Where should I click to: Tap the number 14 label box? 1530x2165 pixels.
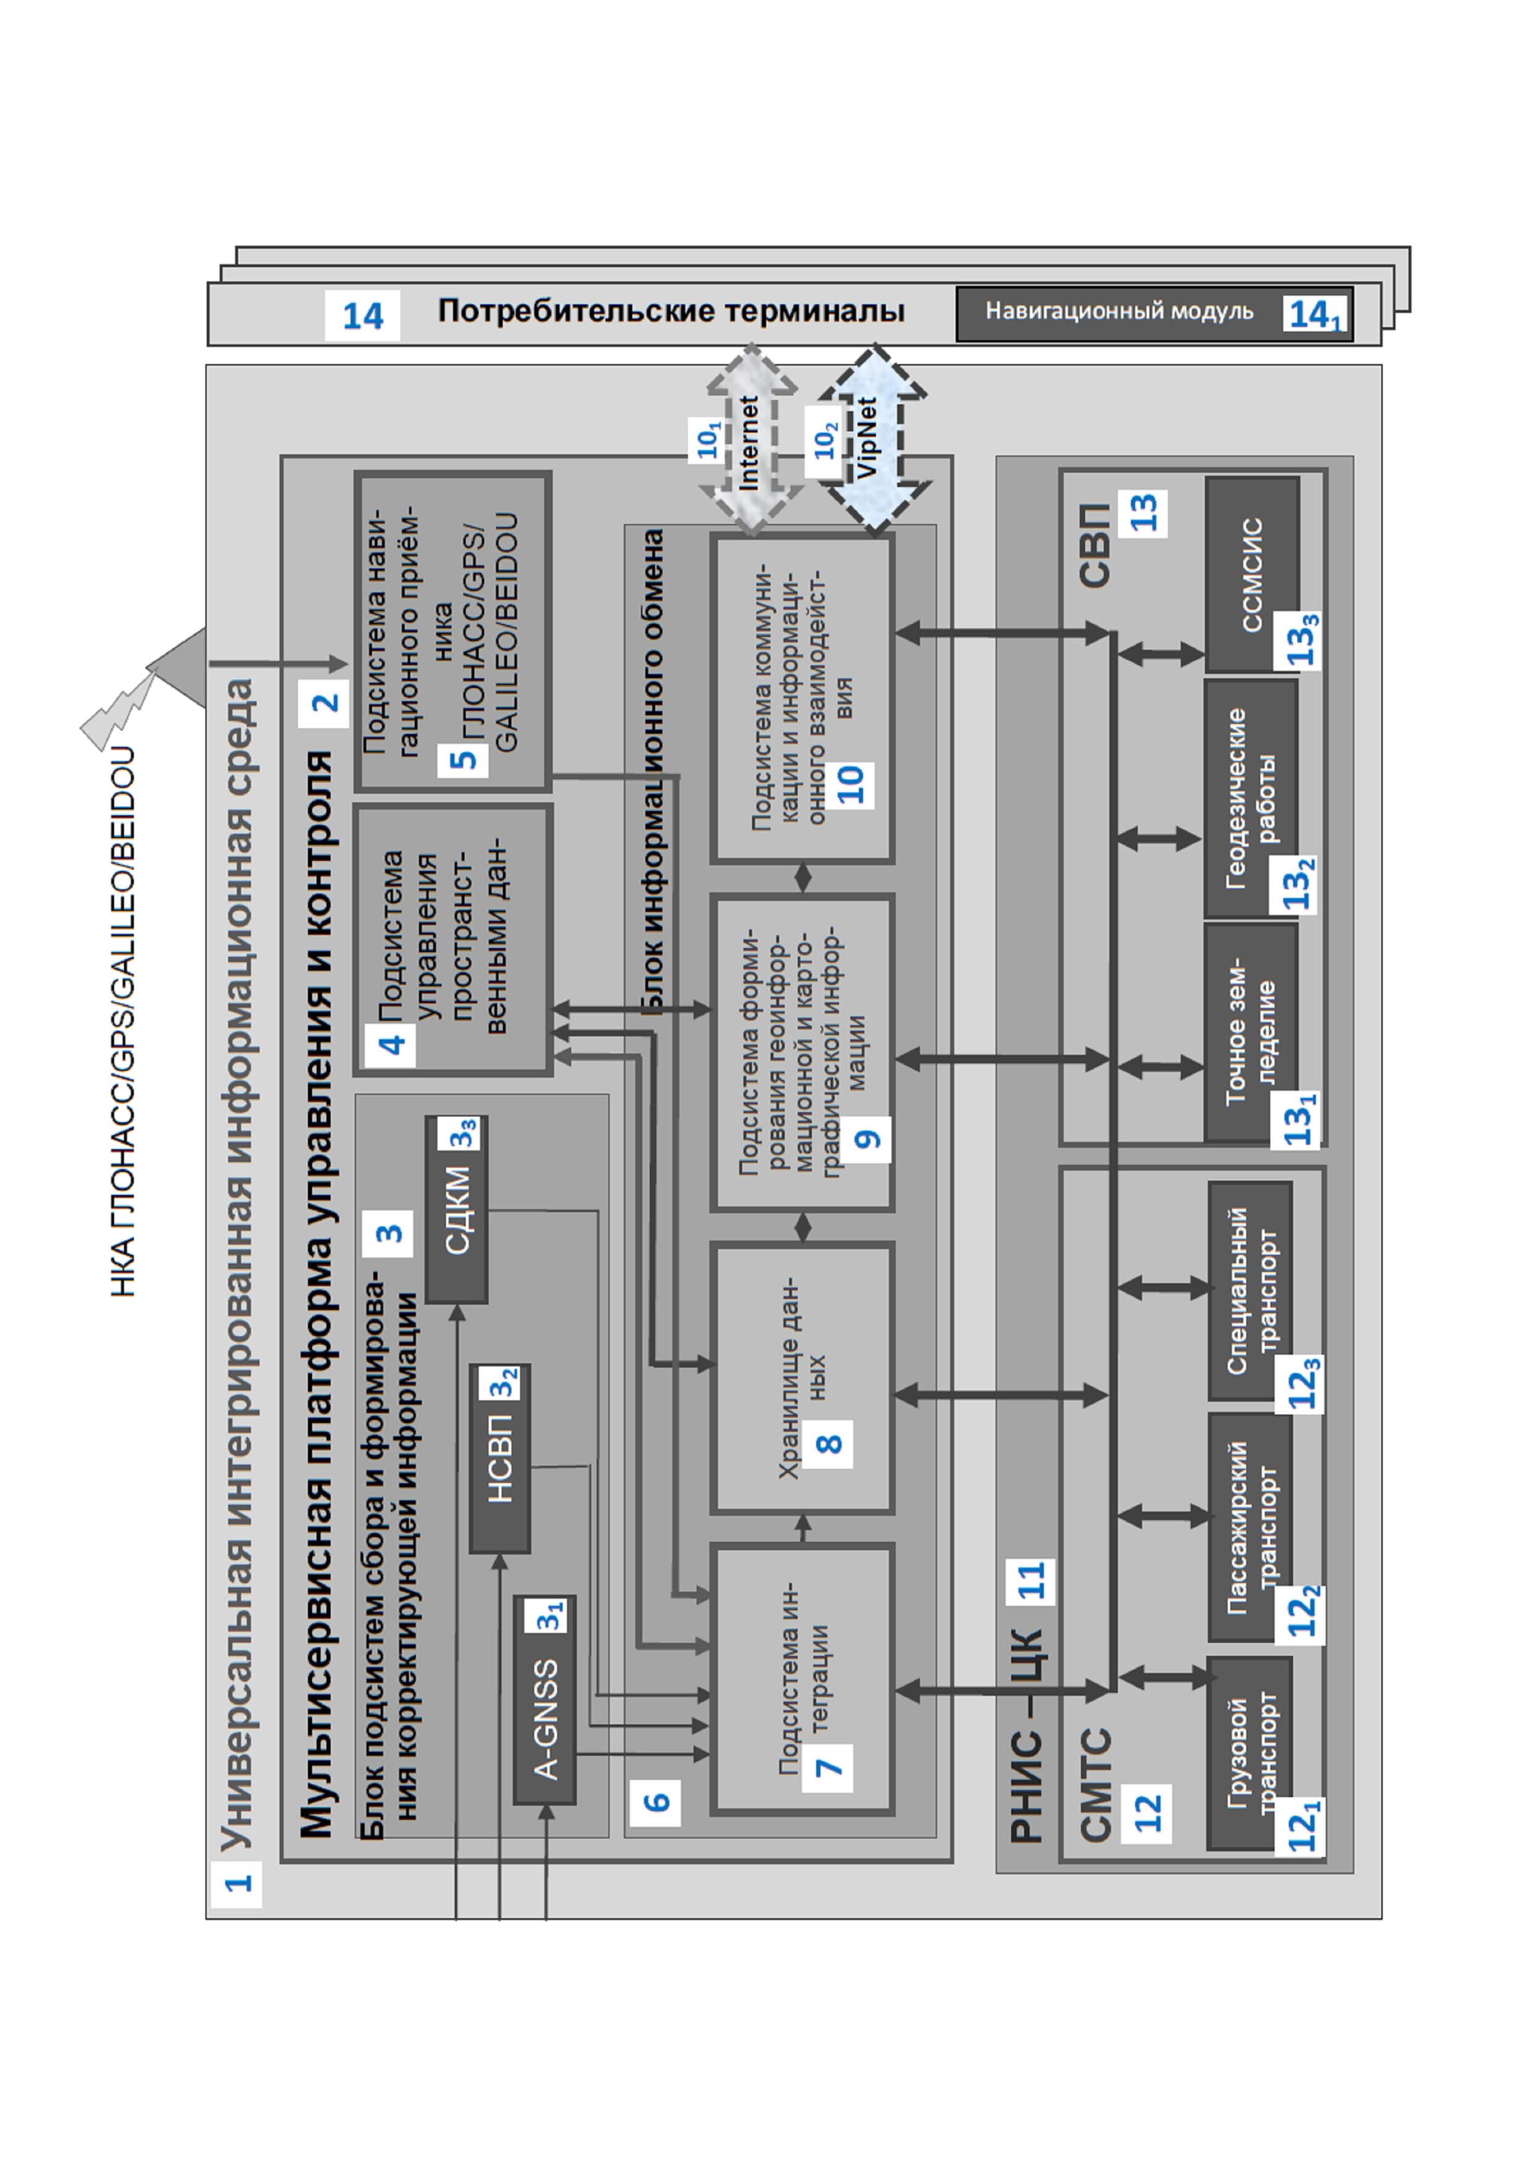pyautogui.click(x=362, y=315)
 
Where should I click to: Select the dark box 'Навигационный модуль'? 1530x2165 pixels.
pyautogui.click(x=1155, y=314)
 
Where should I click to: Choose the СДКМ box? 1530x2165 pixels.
pyautogui.click(x=457, y=1209)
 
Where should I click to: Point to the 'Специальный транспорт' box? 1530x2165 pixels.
pyautogui.click(x=1250, y=1290)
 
